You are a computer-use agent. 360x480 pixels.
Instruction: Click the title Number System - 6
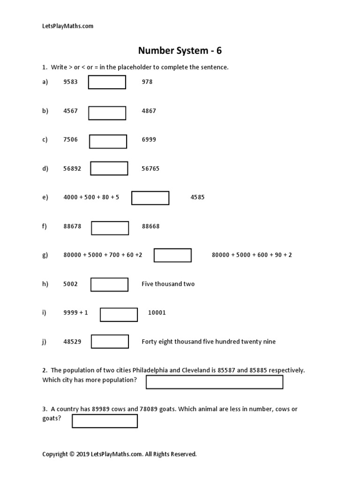(180, 50)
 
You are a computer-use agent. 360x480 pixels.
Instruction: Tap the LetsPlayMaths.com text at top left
(68, 26)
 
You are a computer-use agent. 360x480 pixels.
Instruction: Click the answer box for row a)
(107, 82)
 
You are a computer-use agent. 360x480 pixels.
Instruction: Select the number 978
(147, 82)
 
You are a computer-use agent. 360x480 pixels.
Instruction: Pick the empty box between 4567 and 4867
(107, 113)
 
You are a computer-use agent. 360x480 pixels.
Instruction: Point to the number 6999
(149, 140)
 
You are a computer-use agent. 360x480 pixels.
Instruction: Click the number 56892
(72, 169)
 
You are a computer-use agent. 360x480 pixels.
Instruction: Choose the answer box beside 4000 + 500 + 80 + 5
(150, 198)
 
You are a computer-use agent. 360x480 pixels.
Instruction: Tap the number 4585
(197, 197)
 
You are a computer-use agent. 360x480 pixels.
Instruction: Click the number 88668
(150, 226)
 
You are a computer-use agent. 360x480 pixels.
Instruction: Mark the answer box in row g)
(172, 255)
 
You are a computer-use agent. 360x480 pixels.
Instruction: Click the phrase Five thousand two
(168, 284)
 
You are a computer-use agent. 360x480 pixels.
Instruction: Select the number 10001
(157, 313)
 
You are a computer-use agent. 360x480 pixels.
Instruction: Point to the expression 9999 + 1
(75, 313)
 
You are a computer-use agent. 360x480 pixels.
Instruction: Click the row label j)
(45, 342)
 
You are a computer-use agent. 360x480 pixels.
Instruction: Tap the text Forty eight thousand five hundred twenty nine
(209, 342)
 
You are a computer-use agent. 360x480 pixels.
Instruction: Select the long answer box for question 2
(214, 382)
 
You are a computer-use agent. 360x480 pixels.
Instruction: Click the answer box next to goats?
(105, 421)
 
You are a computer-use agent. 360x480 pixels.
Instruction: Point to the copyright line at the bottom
(120, 454)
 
